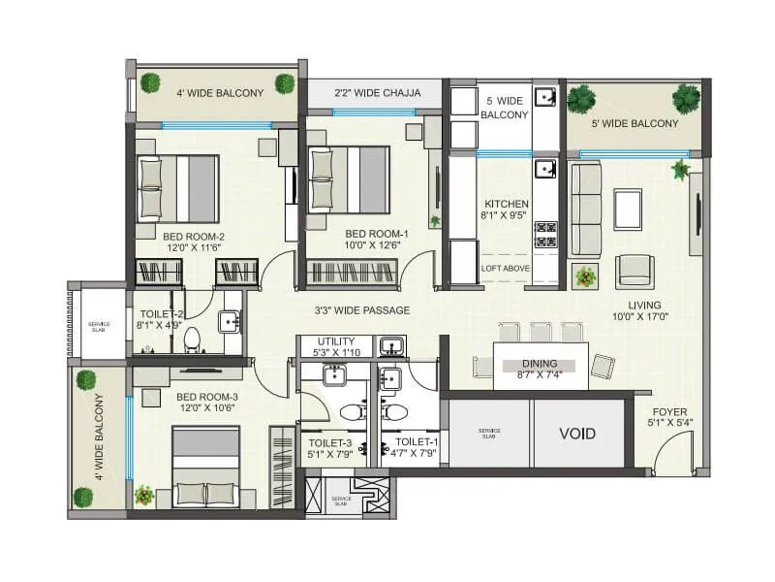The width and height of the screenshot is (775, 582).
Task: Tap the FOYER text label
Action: point(668,411)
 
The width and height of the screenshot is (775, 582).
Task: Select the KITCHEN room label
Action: point(505,204)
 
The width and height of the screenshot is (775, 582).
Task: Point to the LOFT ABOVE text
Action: point(505,269)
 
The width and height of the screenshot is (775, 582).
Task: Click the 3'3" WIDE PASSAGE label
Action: point(361,310)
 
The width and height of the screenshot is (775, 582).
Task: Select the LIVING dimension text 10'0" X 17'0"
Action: point(640,316)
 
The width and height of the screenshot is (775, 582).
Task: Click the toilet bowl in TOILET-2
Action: point(192,339)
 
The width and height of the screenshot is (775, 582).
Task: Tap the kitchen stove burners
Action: point(546,235)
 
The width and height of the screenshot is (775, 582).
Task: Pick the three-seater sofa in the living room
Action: point(585,209)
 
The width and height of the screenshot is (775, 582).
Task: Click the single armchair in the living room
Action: point(635,269)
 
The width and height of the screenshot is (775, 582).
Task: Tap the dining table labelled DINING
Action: point(541,365)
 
